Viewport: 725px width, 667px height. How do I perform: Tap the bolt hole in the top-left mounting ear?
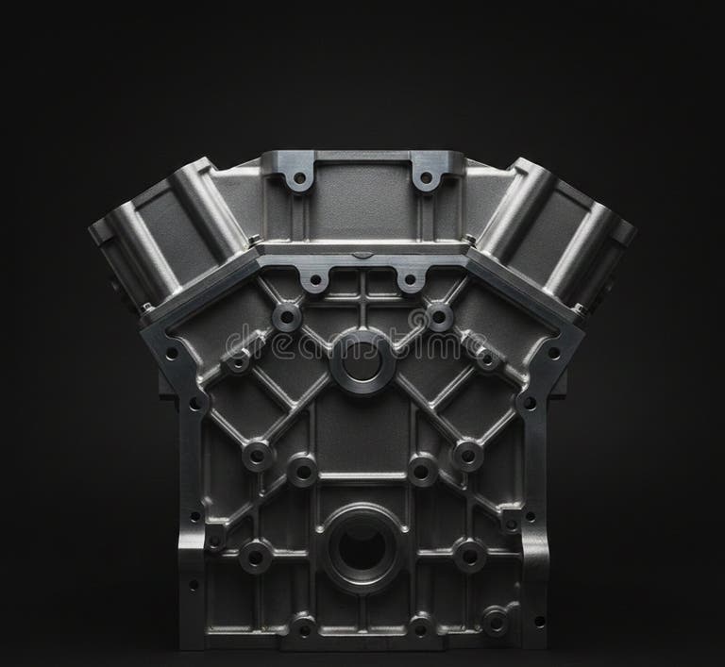[299, 177]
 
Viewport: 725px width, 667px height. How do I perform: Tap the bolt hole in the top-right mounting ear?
[426, 177]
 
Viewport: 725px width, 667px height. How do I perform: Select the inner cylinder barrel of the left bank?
[207, 212]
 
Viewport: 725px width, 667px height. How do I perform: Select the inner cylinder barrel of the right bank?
[517, 212]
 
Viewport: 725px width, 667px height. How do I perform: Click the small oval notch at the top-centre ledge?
[362, 255]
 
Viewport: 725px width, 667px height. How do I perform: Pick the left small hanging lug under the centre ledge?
[313, 279]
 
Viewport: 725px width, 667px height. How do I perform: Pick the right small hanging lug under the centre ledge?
[411, 279]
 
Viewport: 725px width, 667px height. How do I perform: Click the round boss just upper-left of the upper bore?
[287, 317]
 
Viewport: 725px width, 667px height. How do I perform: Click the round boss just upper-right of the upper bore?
[438, 317]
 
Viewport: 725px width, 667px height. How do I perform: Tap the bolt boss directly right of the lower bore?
[469, 556]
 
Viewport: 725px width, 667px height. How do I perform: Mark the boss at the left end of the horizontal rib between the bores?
[258, 456]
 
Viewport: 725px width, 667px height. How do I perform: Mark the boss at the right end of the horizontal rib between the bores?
[466, 456]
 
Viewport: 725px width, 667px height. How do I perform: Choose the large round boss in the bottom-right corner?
[495, 620]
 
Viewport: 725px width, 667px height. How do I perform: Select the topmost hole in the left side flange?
[172, 354]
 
